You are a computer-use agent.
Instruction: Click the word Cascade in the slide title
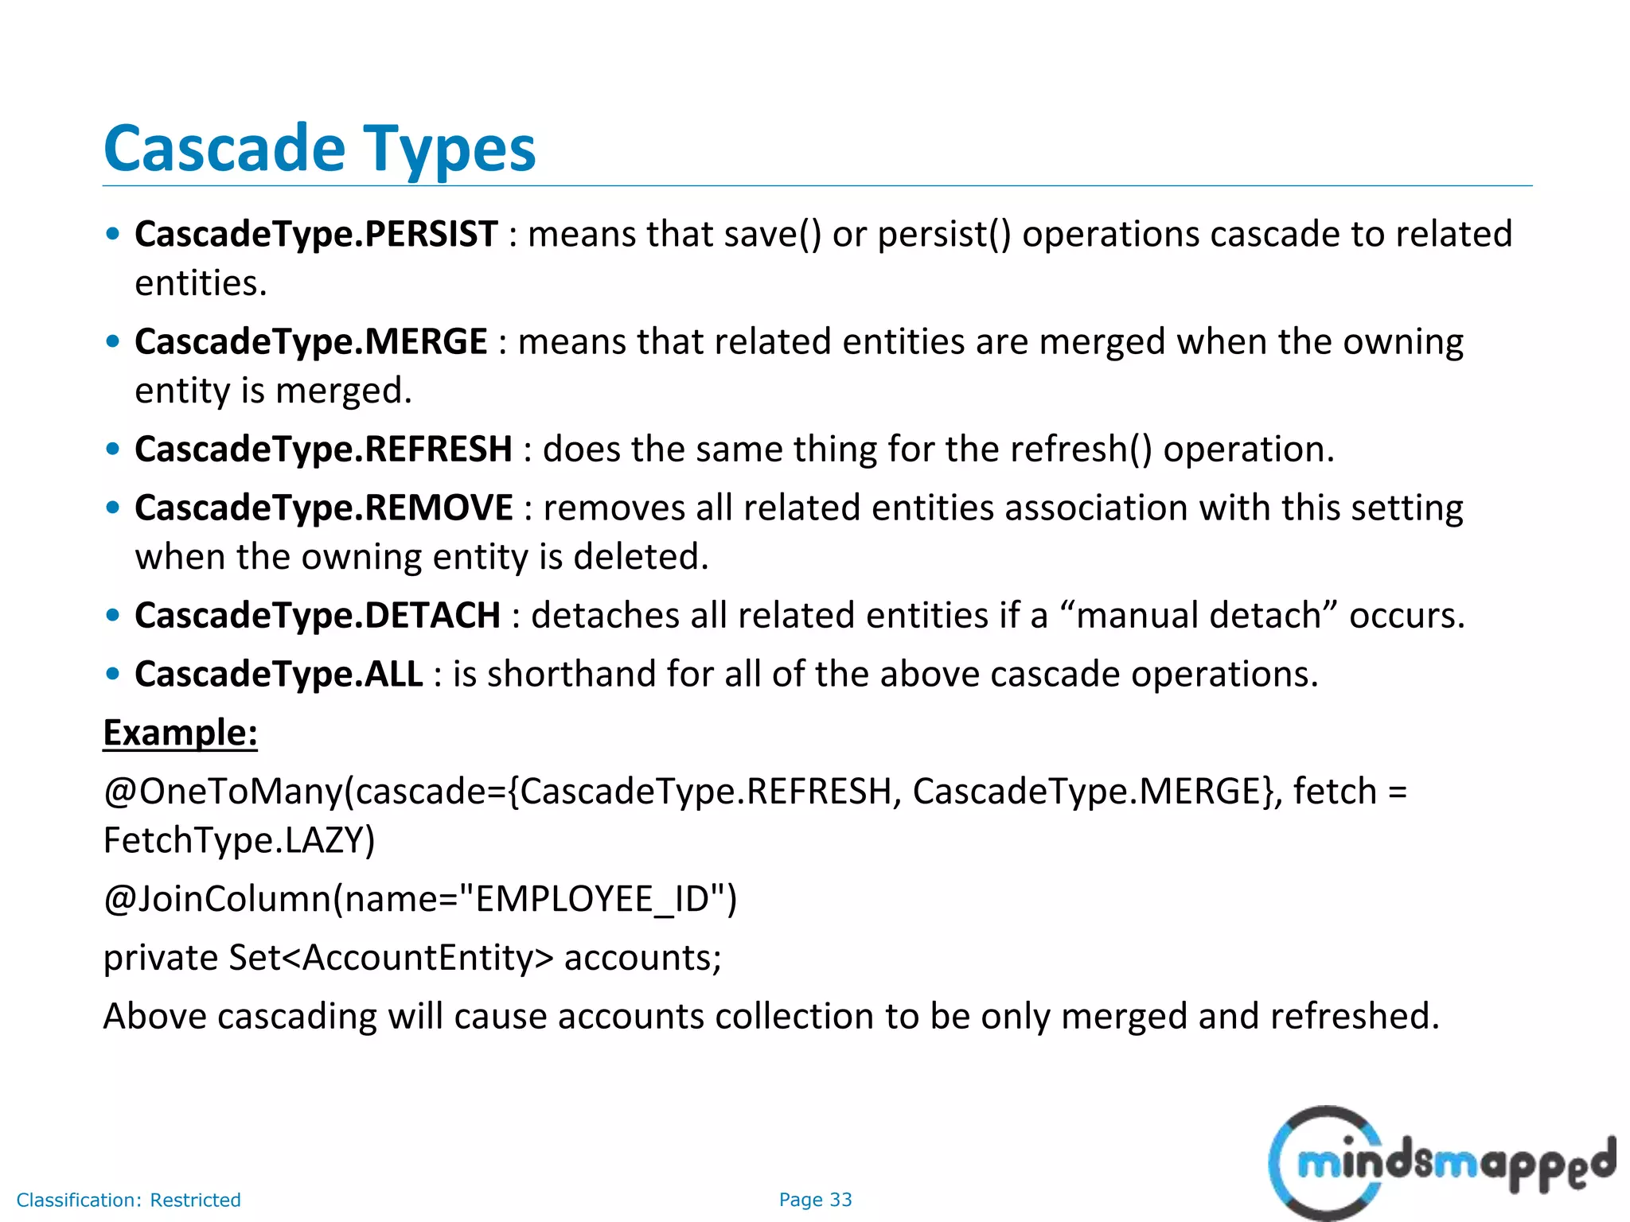tap(224, 150)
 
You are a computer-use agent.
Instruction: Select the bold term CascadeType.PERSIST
tap(316, 235)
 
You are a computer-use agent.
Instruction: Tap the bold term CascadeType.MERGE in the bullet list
tap(310, 342)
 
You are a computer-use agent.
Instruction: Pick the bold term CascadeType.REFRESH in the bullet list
tap(323, 449)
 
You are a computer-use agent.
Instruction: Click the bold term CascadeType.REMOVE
tap(324, 508)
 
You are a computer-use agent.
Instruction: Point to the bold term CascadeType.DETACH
tap(318, 616)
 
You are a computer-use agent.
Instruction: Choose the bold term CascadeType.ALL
tap(279, 675)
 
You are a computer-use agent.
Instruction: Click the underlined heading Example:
tap(181, 733)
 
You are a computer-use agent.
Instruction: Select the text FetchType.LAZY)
tap(239, 841)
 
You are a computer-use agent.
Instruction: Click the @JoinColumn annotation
tap(216, 900)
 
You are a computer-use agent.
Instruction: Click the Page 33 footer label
tap(815, 1200)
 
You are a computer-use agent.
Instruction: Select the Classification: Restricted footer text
tap(128, 1200)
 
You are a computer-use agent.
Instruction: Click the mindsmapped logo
tap(1441, 1163)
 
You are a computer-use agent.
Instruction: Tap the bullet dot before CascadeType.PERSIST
tap(113, 235)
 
